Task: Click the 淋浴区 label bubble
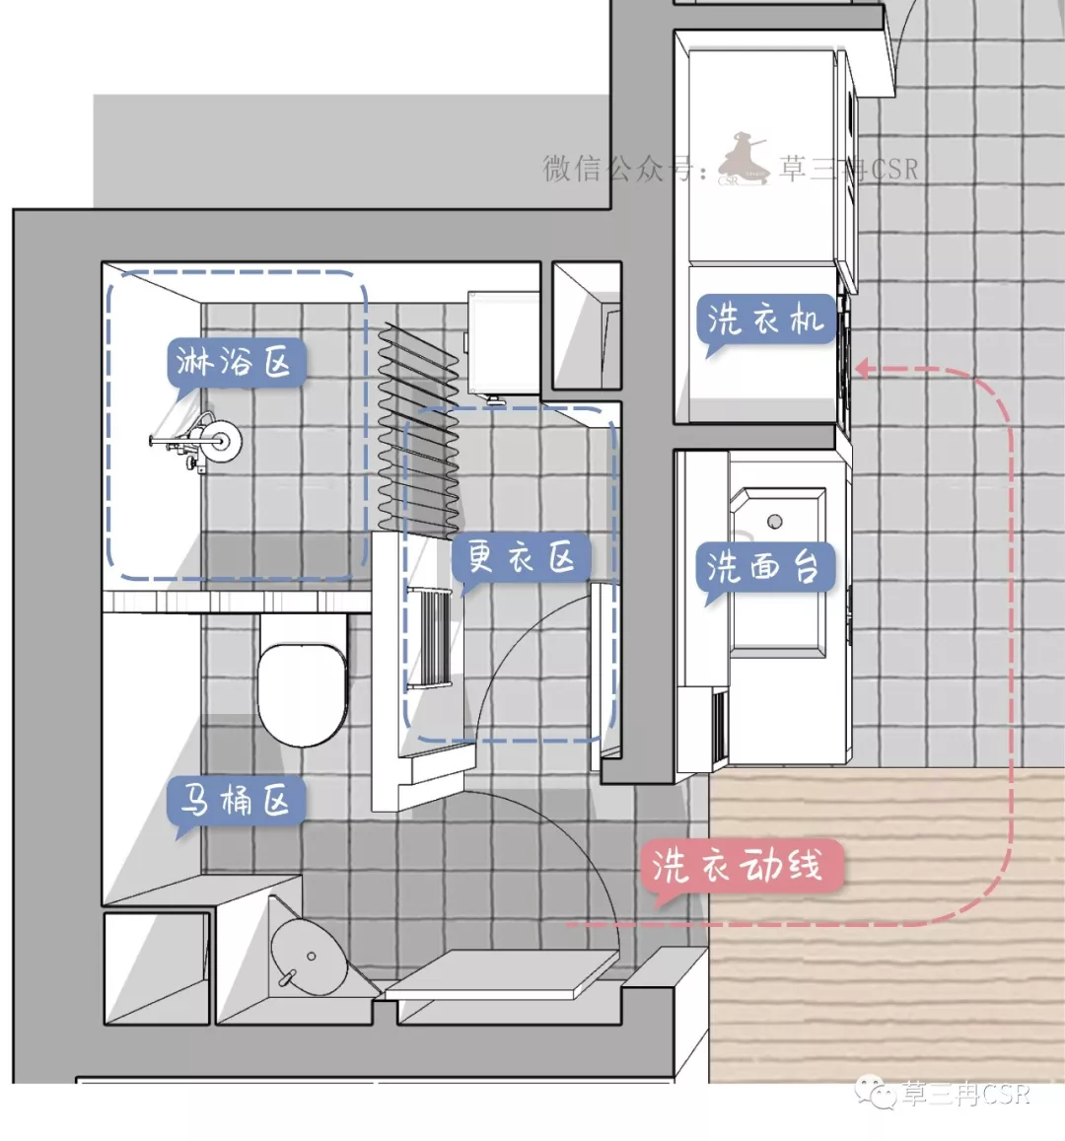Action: click(x=235, y=362)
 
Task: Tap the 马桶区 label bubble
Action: click(x=235, y=801)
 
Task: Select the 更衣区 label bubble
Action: click(x=520, y=558)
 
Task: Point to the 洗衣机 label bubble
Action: click(x=765, y=319)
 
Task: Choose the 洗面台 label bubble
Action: click(x=764, y=567)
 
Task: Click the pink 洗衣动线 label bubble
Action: click(x=741, y=866)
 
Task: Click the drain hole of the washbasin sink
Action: click(x=775, y=521)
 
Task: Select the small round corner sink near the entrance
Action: click(x=310, y=957)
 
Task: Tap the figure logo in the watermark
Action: click(x=742, y=159)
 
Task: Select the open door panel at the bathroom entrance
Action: click(x=502, y=973)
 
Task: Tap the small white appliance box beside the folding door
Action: click(x=503, y=343)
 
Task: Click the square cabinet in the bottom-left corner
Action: click(x=157, y=967)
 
